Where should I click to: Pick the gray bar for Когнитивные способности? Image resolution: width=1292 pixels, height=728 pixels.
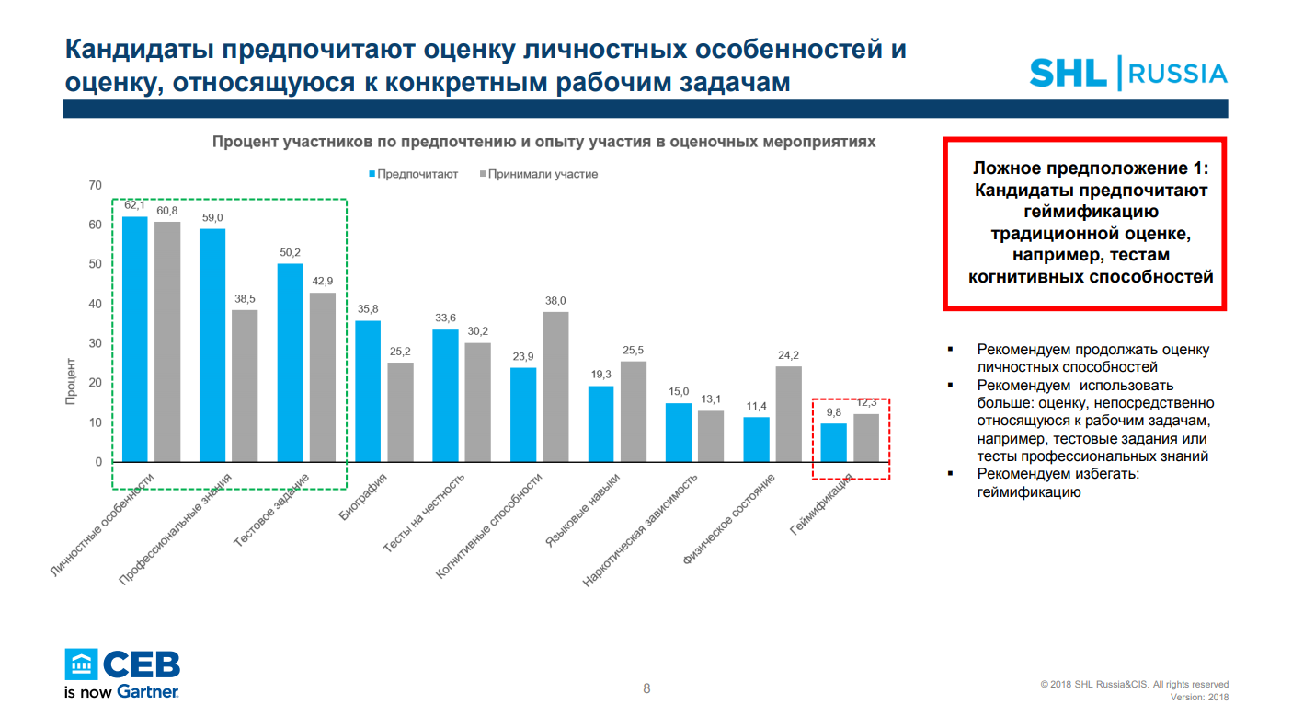tap(555, 386)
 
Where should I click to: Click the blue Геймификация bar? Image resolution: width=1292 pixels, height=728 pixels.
tap(834, 442)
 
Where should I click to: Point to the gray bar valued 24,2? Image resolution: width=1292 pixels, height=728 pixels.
tap(789, 413)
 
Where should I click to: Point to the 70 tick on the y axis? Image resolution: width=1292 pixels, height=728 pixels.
tap(95, 186)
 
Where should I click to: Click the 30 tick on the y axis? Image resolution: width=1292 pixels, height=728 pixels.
tap(95, 343)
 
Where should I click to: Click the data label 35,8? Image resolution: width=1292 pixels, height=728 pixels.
tap(368, 309)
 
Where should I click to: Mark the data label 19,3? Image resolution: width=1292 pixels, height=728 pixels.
tap(600, 376)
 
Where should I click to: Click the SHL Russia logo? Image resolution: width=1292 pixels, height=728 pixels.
tap(1127, 73)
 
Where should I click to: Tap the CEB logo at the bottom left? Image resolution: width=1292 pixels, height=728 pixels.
tap(122, 672)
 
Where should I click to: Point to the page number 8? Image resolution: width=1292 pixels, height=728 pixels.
tap(646, 688)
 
